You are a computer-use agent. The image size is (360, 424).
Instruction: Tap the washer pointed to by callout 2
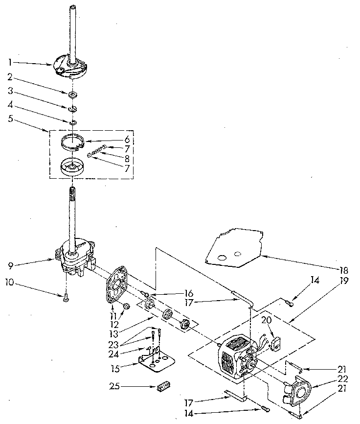tap(72, 93)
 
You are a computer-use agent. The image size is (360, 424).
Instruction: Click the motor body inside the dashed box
tap(236, 356)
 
